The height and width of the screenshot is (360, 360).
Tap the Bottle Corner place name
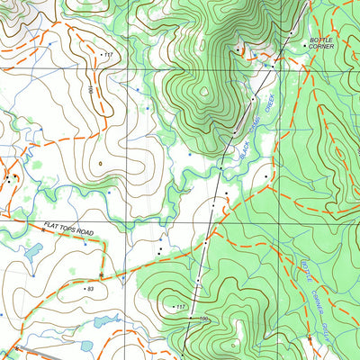[321, 42]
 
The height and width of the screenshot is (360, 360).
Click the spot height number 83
[90, 289]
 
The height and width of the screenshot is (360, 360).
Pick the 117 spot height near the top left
[109, 56]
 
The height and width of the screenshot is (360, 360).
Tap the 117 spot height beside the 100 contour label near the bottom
[180, 308]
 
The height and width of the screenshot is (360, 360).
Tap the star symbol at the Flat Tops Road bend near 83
[102, 274]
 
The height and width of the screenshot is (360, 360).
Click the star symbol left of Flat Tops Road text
[42, 231]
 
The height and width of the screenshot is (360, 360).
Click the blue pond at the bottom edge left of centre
[87, 346]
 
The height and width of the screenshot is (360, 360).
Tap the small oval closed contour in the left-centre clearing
[102, 163]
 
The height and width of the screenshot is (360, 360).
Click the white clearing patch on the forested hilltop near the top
[205, 90]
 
